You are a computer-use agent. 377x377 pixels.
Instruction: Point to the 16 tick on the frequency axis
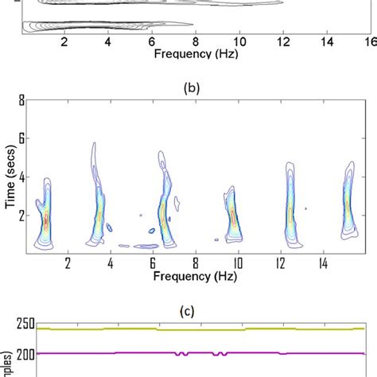pyautogui.click(x=368, y=41)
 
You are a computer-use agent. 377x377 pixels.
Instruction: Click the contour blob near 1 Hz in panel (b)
pyautogui.click(x=45, y=219)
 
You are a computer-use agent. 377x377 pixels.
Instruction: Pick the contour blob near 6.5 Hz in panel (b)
pyautogui.click(x=164, y=211)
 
